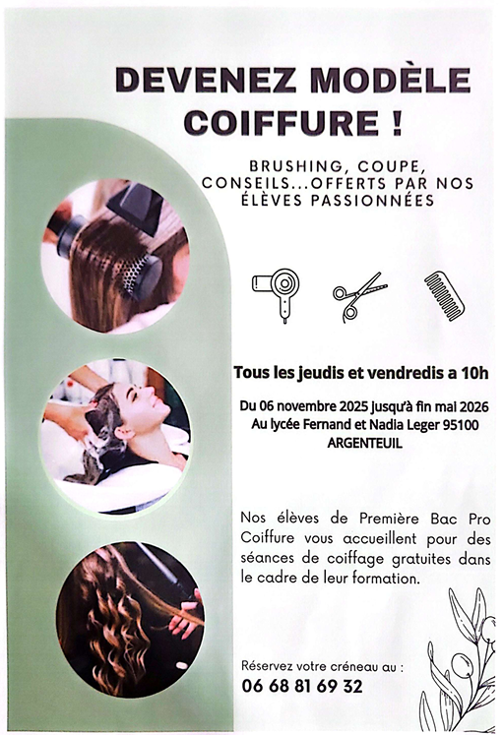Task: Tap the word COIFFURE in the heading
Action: (282, 122)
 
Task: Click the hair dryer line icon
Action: (277, 294)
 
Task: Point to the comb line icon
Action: (444, 296)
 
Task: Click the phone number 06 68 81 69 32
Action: (302, 686)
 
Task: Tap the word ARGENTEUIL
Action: (365, 443)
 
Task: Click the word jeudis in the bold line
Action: (320, 373)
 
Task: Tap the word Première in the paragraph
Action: (389, 518)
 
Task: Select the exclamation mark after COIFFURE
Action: (397, 122)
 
